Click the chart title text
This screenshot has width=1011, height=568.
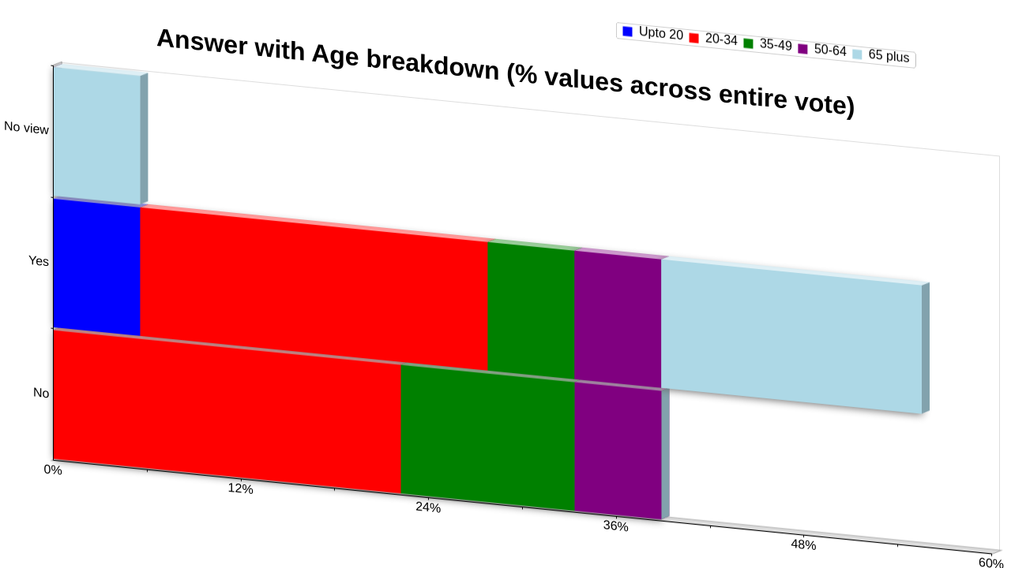(506, 72)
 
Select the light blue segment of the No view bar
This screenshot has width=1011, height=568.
(97, 136)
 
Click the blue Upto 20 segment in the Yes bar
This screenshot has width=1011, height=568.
(96, 267)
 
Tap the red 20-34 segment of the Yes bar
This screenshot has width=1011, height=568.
(314, 289)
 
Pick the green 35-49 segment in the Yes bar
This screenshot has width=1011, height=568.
(532, 311)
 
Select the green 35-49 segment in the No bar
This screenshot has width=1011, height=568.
(488, 438)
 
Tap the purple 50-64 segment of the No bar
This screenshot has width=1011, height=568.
(618, 451)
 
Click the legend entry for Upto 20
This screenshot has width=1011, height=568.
(652, 33)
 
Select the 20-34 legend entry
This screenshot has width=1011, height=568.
(713, 39)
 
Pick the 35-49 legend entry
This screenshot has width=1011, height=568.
(768, 44)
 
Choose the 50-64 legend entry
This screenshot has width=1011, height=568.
(822, 50)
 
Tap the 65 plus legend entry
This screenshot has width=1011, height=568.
(881, 55)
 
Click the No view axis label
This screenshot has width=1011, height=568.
(26, 128)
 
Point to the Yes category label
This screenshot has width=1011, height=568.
(39, 260)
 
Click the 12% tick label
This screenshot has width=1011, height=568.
(241, 488)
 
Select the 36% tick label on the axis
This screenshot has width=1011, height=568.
(615, 525)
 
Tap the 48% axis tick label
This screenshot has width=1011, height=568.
(803, 544)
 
